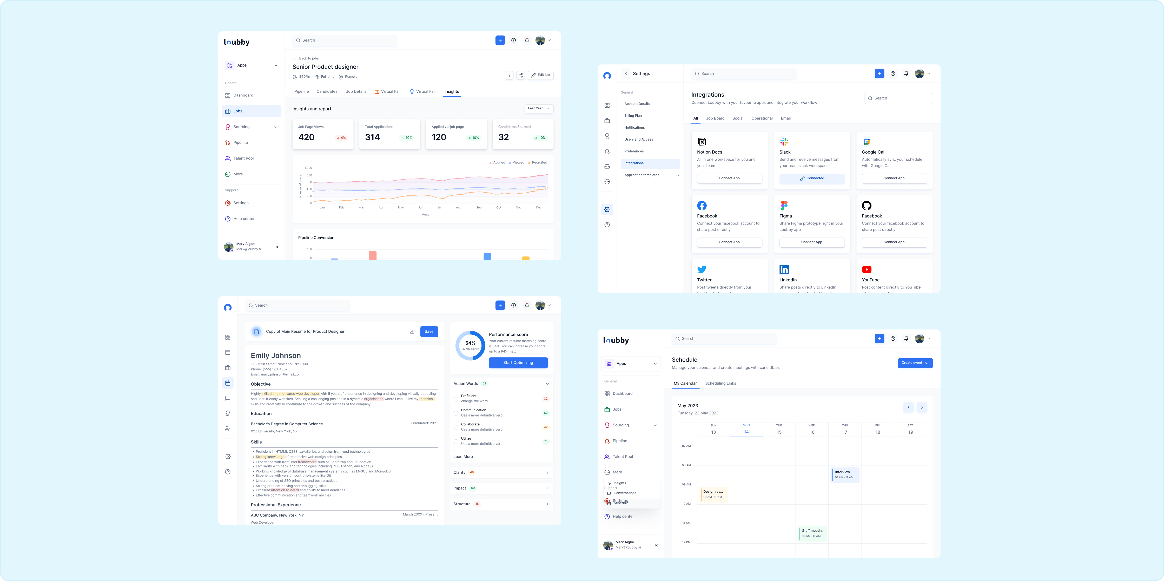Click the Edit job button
(x=540, y=75)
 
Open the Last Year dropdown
(x=539, y=108)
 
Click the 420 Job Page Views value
(x=306, y=137)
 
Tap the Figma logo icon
(x=784, y=206)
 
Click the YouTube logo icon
(x=866, y=270)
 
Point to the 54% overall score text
(x=470, y=343)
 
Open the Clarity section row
(x=501, y=473)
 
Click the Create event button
(x=915, y=363)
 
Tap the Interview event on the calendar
(x=844, y=474)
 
